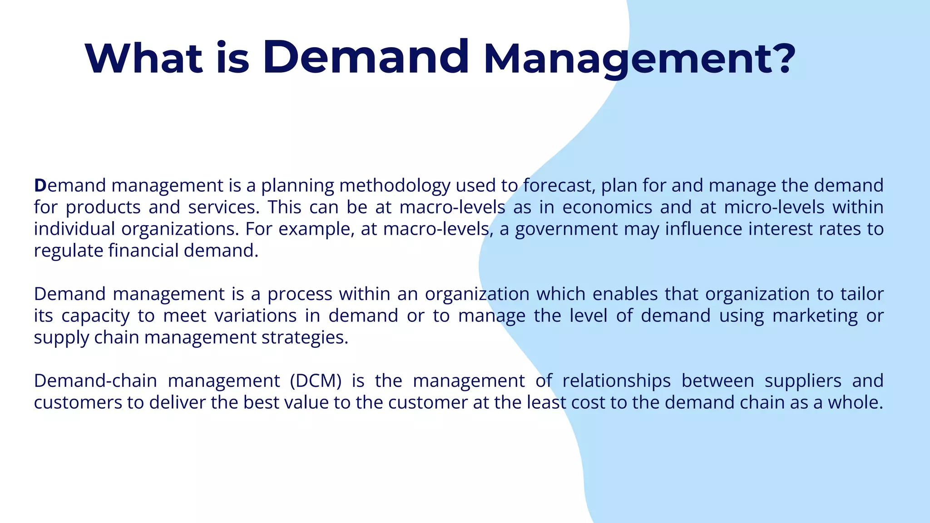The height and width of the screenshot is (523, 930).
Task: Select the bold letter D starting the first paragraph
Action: tap(40, 186)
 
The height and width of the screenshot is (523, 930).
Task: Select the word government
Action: tap(566, 229)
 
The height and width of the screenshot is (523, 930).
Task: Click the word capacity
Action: tap(95, 316)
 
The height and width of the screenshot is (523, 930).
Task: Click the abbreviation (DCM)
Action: tap(316, 381)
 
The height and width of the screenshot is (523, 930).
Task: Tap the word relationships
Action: tap(616, 381)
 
